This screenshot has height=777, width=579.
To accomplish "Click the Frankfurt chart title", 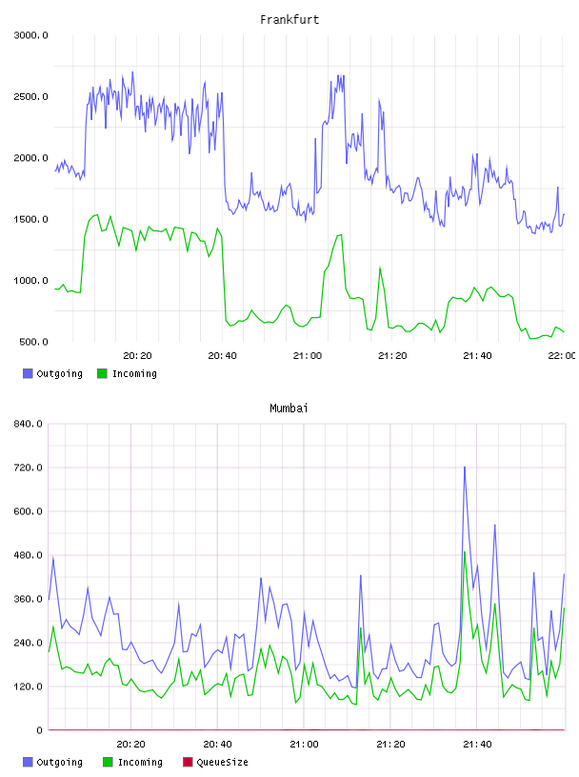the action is pyautogui.click(x=289, y=20).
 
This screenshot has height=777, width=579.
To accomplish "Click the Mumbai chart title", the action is pyautogui.click(x=289, y=408).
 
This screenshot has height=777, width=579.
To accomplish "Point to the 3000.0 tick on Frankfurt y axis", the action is pyautogui.click(x=30, y=35).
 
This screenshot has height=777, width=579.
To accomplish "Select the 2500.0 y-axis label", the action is pyautogui.click(x=30, y=96).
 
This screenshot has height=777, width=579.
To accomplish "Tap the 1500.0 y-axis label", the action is pyautogui.click(x=30, y=220).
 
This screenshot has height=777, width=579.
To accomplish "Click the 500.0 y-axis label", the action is pyautogui.click(x=33, y=342).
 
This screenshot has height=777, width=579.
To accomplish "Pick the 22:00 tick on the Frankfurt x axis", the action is pyautogui.click(x=562, y=356).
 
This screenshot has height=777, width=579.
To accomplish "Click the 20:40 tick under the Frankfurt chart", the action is pyautogui.click(x=222, y=356).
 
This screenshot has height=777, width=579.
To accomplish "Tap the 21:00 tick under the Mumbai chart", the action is pyautogui.click(x=304, y=745).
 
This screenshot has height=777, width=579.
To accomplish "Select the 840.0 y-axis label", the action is pyautogui.click(x=28, y=424).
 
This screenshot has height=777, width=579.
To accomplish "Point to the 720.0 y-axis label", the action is pyautogui.click(x=28, y=468).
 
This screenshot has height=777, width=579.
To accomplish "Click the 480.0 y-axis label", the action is pyautogui.click(x=28, y=555).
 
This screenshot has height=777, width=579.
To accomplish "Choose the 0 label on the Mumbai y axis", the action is pyautogui.click(x=40, y=730).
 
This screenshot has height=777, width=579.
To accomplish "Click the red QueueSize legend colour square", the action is pyautogui.click(x=188, y=762).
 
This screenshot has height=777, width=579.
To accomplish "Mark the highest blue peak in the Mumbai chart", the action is pyautogui.click(x=465, y=467).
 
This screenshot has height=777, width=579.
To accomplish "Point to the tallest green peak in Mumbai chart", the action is pyautogui.click(x=465, y=552).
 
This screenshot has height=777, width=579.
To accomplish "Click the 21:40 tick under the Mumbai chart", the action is pyautogui.click(x=477, y=745).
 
